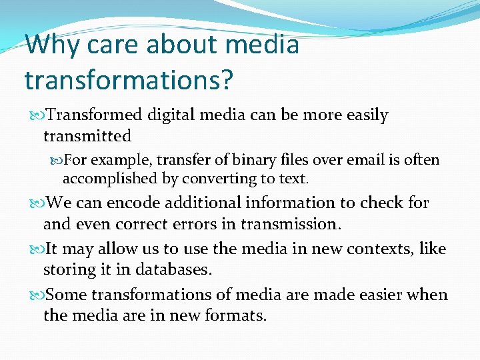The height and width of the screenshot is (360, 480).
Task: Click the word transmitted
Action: pyautogui.click(x=87, y=136)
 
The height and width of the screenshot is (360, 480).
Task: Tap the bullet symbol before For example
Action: pyautogui.click(x=56, y=161)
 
